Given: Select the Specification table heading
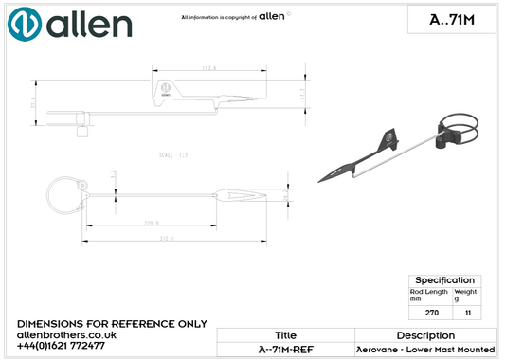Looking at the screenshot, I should click(444, 280).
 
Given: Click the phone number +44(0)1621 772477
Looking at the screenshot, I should click(63, 346).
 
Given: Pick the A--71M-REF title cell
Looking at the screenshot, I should click(285, 350).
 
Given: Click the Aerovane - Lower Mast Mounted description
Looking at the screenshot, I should click(425, 350).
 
